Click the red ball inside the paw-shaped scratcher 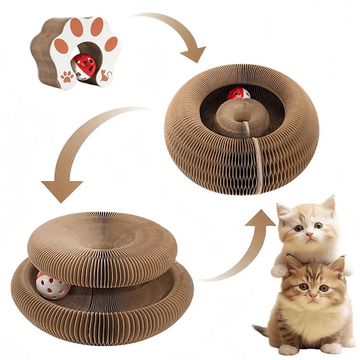84,66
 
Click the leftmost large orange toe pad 61,46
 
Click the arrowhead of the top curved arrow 195,54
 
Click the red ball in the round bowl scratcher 238,93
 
